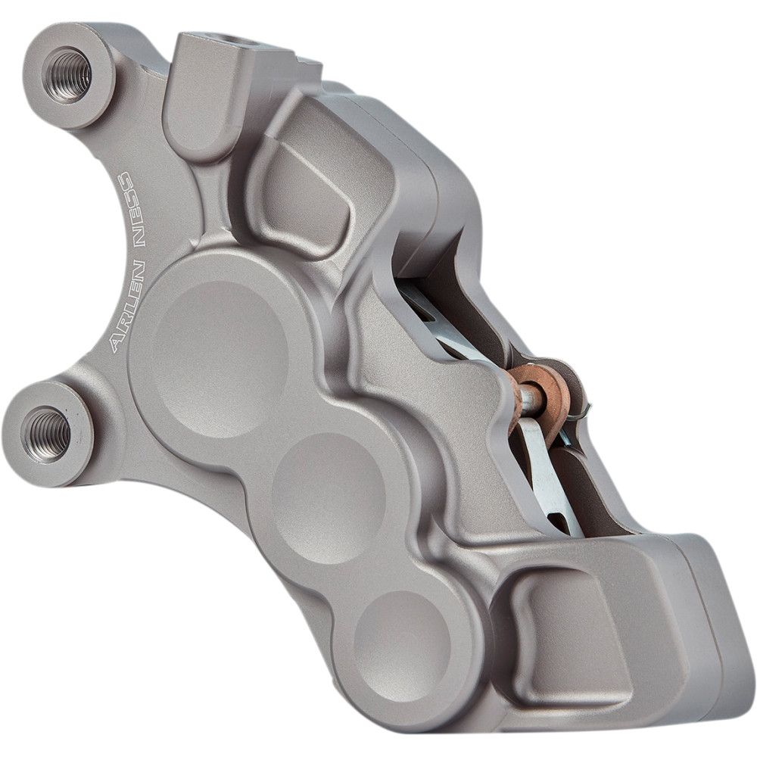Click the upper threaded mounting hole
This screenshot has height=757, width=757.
point(67,74)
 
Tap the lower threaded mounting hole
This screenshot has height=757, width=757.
point(47,433)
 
